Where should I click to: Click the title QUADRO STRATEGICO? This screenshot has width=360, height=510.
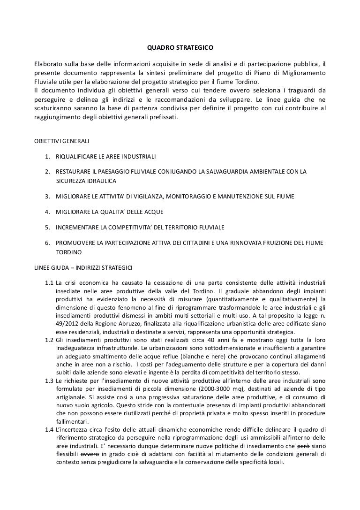(x=180, y=48)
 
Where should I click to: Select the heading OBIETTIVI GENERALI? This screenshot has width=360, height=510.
(x=59, y=141)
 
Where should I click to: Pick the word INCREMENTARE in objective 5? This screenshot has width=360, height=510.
(x=77, y=228)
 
